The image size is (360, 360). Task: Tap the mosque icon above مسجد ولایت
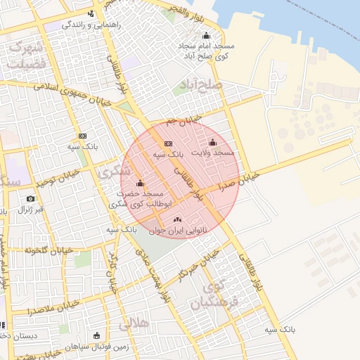[213, 143]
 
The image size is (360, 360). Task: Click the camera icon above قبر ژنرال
[30, 199]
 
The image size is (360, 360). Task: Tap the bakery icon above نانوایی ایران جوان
[176, 218]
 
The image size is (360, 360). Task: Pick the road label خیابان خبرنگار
[194, 266]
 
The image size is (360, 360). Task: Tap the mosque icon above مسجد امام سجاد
[206, 35]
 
